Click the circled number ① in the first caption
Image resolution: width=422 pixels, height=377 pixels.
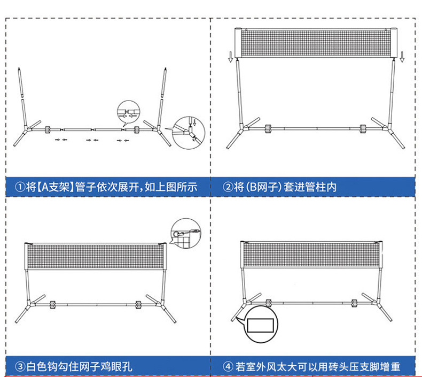pos(20,187)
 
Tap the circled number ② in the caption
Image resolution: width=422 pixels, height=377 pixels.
pos(228,187)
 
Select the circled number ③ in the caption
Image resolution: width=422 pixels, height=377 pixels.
pos(20,367)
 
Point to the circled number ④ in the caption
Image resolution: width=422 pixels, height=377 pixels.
pos(228,367)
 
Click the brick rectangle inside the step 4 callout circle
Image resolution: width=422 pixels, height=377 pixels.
pos(261,324)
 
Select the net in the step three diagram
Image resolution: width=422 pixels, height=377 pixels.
pos(95,257)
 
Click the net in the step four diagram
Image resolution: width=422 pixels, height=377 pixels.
pos(312,255)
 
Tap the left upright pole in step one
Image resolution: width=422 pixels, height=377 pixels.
pos(22,96)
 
